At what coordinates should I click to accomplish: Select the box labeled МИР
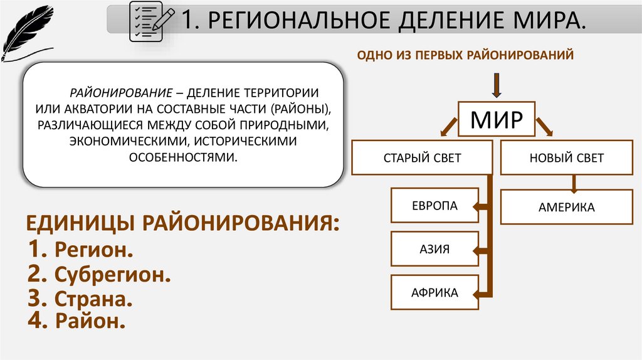497,119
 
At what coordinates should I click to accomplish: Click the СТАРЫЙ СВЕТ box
422,158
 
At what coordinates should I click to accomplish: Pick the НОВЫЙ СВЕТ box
566,158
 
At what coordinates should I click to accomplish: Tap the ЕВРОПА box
434,205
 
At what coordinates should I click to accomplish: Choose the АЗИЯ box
434,249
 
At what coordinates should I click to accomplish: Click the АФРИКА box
434,292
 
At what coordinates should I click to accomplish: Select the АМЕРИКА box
566,207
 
